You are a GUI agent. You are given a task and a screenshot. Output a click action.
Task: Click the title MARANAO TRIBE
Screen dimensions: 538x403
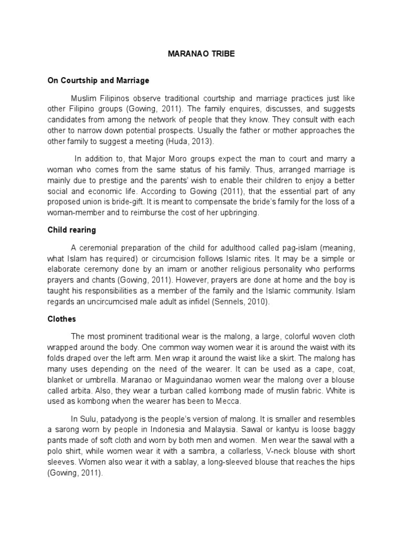coord(201,54)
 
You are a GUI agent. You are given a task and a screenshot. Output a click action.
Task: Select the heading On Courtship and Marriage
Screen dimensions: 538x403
coord(98,80)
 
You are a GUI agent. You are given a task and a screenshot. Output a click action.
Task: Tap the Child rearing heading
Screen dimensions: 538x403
coord(71,230)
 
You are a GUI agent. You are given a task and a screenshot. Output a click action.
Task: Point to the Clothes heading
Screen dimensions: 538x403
coord(61,319)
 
